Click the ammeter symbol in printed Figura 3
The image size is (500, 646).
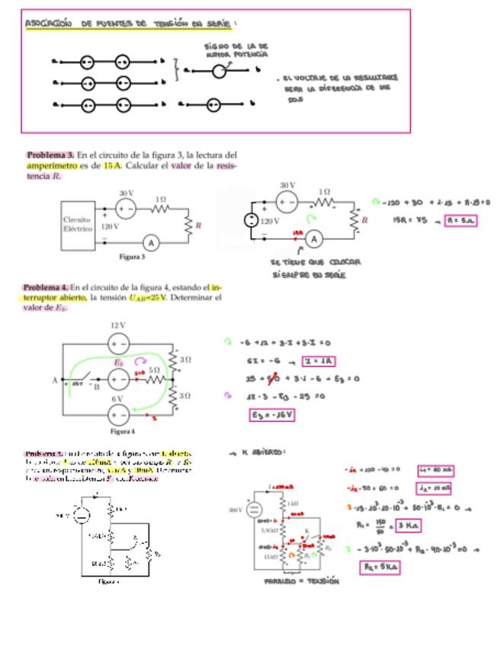151,242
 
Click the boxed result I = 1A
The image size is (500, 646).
320,361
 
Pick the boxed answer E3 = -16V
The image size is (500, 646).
271,415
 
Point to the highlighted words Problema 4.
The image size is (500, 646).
46,287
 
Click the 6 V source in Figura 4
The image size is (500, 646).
118,414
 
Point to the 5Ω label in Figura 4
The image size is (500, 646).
154,369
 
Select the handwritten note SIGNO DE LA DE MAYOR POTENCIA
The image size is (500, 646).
236,50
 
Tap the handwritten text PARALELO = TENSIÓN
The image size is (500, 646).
302,580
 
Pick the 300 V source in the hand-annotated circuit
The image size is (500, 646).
254,510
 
